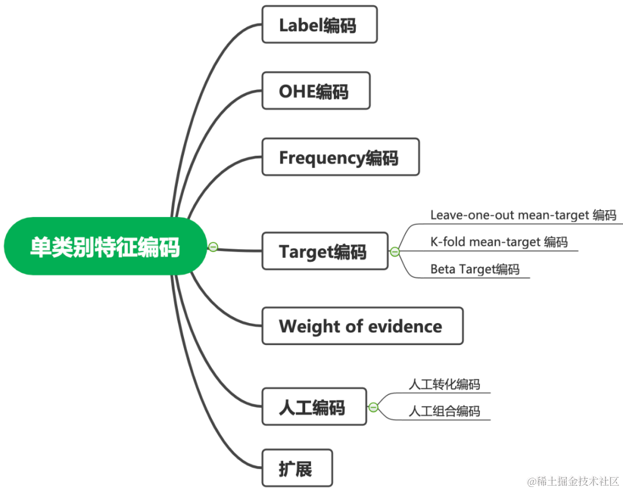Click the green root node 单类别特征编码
pyautogui.click(x=105, y=246)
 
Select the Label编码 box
pyautogui.click(x=320, y=25)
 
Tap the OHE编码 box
pyautogui.click(x=316, y=91)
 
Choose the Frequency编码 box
pyautogui.click(x=340, y=157)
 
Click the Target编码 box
pyautogui.click(x=325, y=251)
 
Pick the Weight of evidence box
pyautogui.click(x=362, y=326)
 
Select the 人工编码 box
pyautogui.click(x=314, y=407)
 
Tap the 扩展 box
pyautogui.click(x=297, y=468)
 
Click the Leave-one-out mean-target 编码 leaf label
pyautogui.click(x=523, y=216)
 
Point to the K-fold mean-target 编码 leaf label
pyautogui.click(x=499, y=242)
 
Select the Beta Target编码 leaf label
pyautogui.click(x=475, y=269)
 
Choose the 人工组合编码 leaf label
pyautogui.click(x=444, y=411)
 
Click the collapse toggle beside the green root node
pyautogui.click(x=213, y=247)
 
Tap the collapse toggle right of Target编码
pyautogui.click(x=395, y=252)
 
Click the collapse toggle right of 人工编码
pyautogui.click(x=373, y=407)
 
